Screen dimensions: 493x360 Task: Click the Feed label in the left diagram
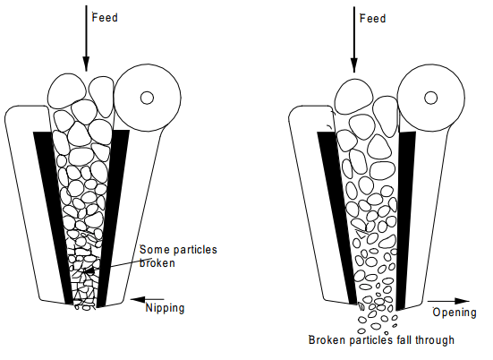click(105, 17)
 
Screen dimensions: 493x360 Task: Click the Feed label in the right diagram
click(372, 19)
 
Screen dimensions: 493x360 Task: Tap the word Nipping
click(165, 308)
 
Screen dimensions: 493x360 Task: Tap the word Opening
click(455, 313)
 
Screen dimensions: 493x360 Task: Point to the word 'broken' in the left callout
click(157, 262)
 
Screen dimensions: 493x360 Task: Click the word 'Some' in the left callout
click(152, 250)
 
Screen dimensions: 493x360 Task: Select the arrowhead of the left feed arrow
click(86, 64)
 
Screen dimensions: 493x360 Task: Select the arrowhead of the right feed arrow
click(354, 65)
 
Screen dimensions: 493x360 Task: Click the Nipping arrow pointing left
click(147, 299)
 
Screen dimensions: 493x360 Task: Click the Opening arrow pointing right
click(448, 301)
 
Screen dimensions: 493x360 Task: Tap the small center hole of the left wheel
click(147, 98)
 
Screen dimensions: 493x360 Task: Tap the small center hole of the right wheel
click(430, 98)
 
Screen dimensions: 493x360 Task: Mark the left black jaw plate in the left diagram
click(53, 217)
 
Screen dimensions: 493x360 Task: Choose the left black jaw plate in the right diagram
click(337, 217)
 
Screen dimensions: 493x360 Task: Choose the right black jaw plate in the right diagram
click(405, 220)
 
